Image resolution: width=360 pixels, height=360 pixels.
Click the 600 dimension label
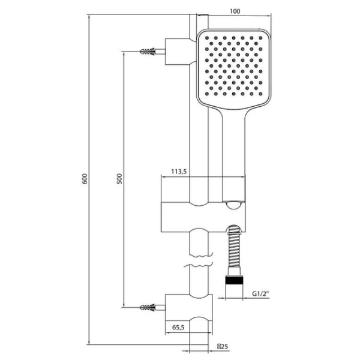click(x=85, y=179)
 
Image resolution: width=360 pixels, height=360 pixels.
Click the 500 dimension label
click(x=119, y=179)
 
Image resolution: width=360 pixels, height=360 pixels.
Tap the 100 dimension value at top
click(x=235, y=11)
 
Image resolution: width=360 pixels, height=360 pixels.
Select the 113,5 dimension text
click(x=179, y=171)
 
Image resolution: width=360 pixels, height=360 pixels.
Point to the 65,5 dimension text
click(x=178, y=327)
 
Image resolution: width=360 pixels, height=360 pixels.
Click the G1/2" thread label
click(x=260, y=293)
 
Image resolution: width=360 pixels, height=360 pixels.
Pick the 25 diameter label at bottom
click(x=223, y=346)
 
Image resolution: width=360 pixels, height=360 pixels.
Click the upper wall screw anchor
click(x=148, y=52)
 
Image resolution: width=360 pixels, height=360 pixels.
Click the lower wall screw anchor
click(x=148, y=307)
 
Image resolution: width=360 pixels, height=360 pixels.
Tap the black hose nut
click(x=234, y=280)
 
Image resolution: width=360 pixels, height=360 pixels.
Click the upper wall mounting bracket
click(x=179, y=52)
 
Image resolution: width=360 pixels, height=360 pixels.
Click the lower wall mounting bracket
click(x=189, y=307)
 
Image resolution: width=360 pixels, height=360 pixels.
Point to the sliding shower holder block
click(x=203, y=217)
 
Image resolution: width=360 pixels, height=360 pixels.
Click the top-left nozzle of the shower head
click(x=207, y=38)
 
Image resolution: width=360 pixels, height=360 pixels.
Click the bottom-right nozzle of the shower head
click(x=260, y=94)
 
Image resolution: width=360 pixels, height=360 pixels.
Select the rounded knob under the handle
click(x=234, y=205)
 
